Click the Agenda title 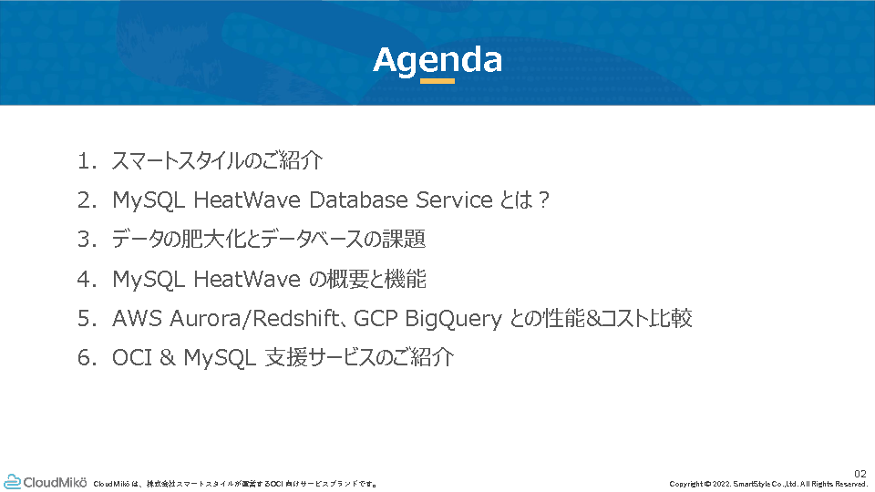coord(437,61)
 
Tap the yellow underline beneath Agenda coord(437,81)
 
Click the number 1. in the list coord(87,161)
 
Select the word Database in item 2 coord(358,200)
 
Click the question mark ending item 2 coord(544,200)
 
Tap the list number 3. coord(87,240)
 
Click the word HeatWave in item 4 coord(247,279)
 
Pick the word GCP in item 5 coord(376,319)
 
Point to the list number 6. coord(87,357)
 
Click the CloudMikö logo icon coord(12,482)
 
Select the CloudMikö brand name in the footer coord(56,482)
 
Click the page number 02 coord(860,474)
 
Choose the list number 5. coord(87,319)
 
